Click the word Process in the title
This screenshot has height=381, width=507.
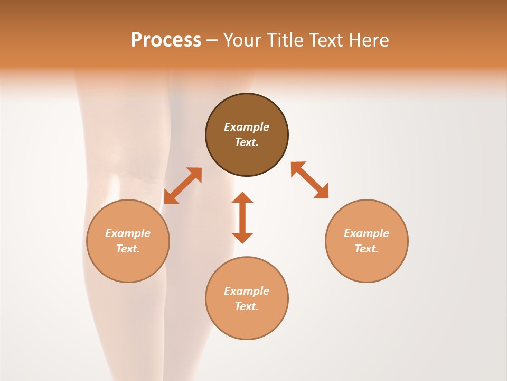point(166,40)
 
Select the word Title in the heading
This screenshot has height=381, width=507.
point(285,40)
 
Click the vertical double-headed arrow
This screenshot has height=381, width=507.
point(242,217)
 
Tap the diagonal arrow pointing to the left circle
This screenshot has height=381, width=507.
point(183,186)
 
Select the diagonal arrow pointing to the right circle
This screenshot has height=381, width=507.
point(309,180)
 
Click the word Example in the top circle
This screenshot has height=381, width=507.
point(247,127)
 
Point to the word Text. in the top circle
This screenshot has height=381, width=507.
point(247,142)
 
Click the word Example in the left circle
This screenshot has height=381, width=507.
point(128,233)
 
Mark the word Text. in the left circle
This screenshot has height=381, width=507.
point(128,249)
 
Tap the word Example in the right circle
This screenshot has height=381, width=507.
point(367,233)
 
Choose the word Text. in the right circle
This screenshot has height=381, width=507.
point(367,249)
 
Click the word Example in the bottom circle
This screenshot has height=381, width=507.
point(247,291)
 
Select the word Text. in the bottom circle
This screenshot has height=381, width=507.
point(247,306)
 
